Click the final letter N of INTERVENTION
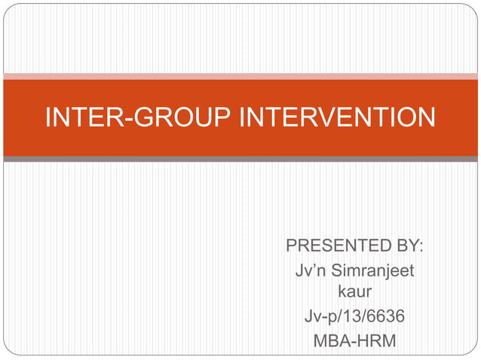pyautogui.click(x=426, y=117)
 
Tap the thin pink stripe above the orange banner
pyautogui.click(x=240, y=76)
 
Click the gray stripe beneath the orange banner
pyautogui.click(x=240, y=159)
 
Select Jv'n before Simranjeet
pyautogui.click(x=309, y=270)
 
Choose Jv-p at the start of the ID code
pyautogui.click(x=320, y=317)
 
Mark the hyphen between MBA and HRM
pyautogui.click(x=354, y=341)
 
